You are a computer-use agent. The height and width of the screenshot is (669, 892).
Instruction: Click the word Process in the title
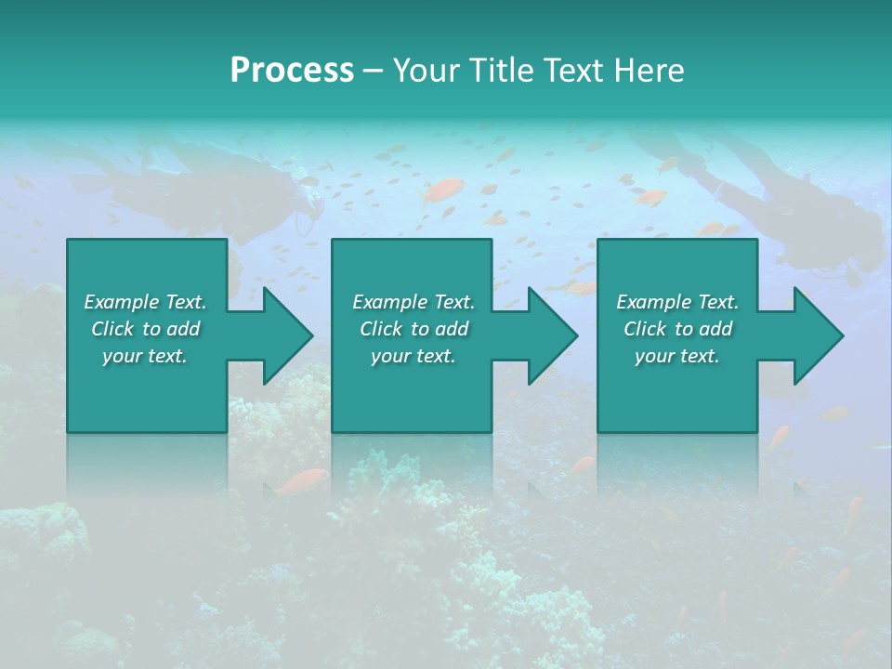[x=292, y=71]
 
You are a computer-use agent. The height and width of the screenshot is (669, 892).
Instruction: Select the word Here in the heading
[x=649, y=71]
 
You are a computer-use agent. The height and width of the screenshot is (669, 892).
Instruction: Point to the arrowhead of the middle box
[x=551, y=336]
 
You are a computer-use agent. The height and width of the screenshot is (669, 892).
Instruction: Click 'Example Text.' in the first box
[x=145, y=302]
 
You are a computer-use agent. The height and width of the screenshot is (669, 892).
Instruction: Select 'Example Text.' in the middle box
[x=413, y=302]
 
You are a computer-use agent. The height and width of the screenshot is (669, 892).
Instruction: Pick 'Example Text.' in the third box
[x=677, y=302]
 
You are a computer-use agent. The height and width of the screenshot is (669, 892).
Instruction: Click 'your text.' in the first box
[x=145, y=356]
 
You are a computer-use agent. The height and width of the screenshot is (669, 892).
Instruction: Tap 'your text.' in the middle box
[x=413, y=356]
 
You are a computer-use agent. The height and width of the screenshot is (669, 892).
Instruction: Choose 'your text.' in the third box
[x=677, y=356]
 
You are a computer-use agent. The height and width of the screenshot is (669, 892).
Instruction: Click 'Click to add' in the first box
[x=145, y=329]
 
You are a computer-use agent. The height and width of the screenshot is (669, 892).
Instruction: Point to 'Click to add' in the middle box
[x=413, y=329]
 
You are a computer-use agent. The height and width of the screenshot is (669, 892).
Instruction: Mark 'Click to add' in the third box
[x=677, y=329]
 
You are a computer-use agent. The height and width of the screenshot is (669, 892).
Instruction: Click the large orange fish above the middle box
[x=443, y=191]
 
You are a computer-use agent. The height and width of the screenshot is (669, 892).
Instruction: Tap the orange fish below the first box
[x=303, y=481]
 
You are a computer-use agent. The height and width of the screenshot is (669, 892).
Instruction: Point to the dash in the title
[x=374, y=72]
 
